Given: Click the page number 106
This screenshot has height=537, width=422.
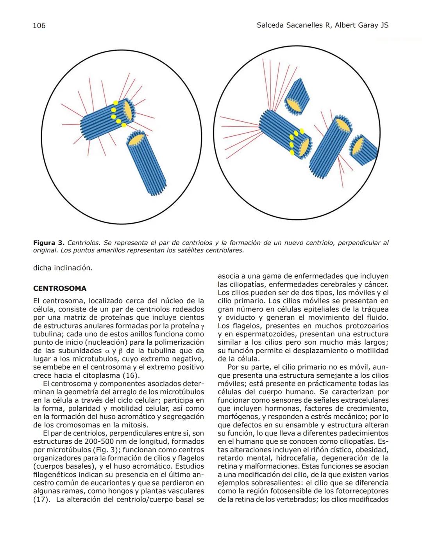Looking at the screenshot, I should pos(39,25).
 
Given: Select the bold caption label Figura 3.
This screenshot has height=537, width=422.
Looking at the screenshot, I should pos(49,243).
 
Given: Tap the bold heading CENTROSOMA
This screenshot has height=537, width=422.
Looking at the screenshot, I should pos(60,288).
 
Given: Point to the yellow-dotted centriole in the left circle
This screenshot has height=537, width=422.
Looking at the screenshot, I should pos(107,117).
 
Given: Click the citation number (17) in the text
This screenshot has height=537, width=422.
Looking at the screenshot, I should pos(41,500).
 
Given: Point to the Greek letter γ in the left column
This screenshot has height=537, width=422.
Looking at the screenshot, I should pos(202,326).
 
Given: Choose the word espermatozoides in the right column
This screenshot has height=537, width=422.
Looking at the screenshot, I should pos(266,334).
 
